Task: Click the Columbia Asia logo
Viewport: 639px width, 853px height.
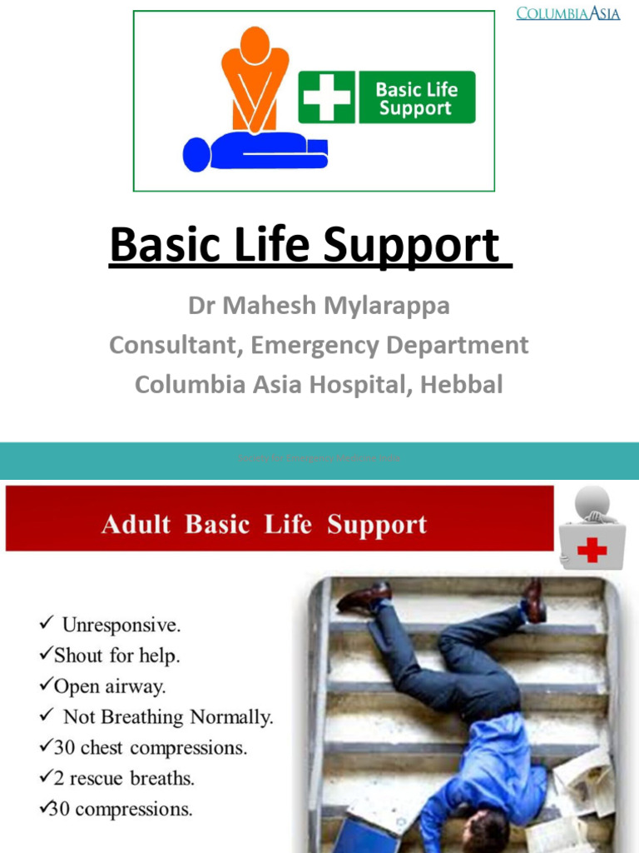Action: [x=567, y=13]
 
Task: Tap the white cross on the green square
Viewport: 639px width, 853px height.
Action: [x=327, y=97]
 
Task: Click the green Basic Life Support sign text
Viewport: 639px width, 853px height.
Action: [x=416, y=97]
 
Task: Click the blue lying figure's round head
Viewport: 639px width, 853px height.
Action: [x=197, y=154]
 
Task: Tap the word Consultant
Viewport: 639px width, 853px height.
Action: [x=171, y=344]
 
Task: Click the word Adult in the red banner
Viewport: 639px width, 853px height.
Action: [x=136, y=525]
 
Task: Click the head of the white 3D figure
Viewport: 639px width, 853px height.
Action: [x=592, y=502]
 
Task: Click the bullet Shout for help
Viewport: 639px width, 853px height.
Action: [x=116, y=655]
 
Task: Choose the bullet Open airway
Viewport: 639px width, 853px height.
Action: [x=109, y=686]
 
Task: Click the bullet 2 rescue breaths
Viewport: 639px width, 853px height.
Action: [x=124, y=779]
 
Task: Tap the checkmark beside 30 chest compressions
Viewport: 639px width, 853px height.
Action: [x=46, y=747]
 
